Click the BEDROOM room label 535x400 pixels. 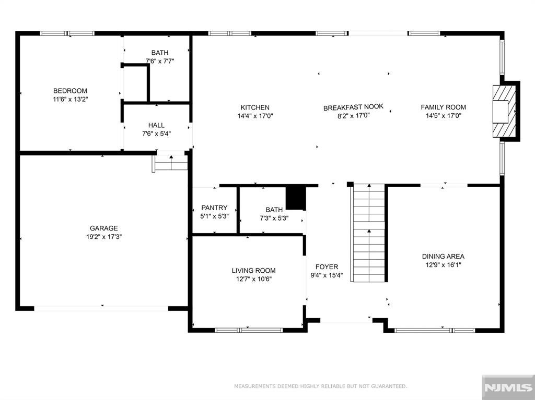coord(70,91)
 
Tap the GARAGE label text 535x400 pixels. coord(104,228)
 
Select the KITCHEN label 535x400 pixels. coord(255,107)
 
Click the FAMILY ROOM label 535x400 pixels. coord(443,107)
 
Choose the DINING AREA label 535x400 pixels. coord(443,256)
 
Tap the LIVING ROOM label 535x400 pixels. coord(253,271)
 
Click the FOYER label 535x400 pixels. coord(327,267)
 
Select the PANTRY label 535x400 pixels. coord(214,208)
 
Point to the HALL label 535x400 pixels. coord(156,125)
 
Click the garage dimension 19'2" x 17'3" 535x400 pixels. coord(104,237)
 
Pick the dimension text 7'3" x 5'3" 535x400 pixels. coord(274,218)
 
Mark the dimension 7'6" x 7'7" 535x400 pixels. coord(160,62)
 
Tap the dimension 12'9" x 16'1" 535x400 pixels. coord(443,265)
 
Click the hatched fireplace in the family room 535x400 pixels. coord(504,111)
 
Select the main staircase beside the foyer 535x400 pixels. coord(368,233)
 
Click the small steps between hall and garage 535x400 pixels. coord(170,163)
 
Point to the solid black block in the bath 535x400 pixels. coord(296,198)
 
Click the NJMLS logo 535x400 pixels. coord(508,387)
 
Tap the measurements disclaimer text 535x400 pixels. coord(320,386)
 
